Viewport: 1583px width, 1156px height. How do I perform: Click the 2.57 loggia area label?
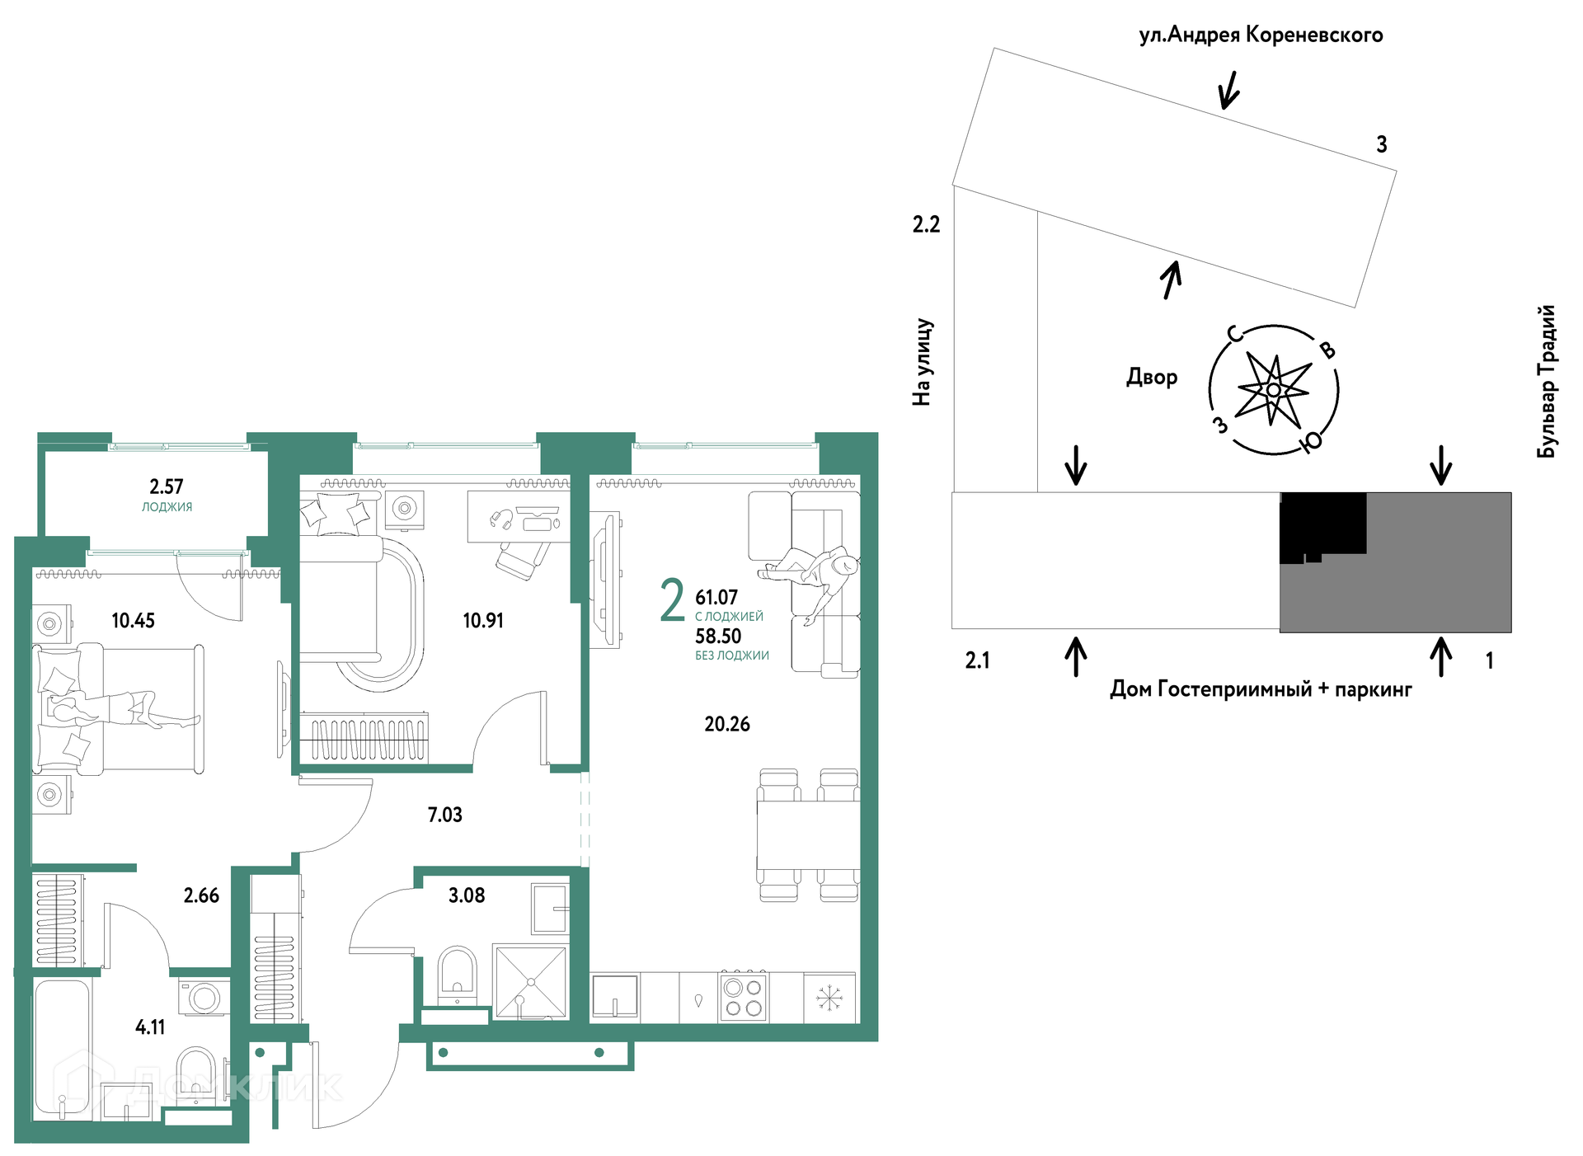(167, 486)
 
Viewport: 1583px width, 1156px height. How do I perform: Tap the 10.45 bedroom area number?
(133, 620)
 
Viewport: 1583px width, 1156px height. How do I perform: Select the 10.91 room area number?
(483, 620)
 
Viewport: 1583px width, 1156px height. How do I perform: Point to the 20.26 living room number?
(727, 724)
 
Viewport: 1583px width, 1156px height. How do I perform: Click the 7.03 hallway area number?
(444, 815)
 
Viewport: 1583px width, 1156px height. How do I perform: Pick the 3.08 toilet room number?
(467, 895)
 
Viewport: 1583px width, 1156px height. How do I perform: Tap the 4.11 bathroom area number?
(150, 1027)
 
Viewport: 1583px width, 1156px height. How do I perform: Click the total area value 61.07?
(716, 597)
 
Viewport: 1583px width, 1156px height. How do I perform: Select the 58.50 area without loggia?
(718, 636)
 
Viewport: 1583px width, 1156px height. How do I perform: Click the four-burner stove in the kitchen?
(743, 997)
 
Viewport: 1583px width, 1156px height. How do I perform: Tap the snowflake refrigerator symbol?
(829, 998)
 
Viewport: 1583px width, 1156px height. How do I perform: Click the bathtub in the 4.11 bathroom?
(62, 1050)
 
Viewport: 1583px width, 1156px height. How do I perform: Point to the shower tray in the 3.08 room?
(531, 981)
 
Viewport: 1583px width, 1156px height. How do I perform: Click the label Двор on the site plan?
(1152, 377)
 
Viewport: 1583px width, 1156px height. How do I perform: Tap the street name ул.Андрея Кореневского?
(1261, 35)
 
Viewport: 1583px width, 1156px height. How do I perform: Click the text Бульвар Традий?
(1547, 381)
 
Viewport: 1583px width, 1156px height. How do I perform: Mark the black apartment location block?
(1322, 526)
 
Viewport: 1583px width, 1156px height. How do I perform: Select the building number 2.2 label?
(926, 224)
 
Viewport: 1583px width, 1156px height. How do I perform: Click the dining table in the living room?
(808, 834)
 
